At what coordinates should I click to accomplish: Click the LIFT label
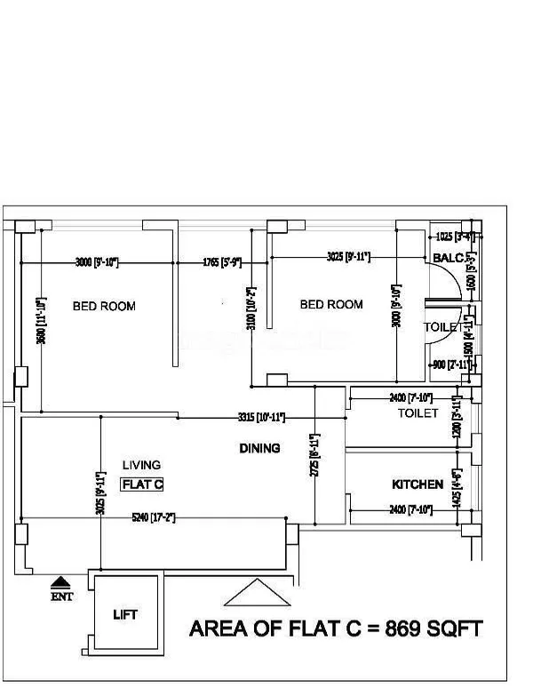(125, 614)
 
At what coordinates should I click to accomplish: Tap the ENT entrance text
(61, 597)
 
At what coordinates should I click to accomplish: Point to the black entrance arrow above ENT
(61, 582)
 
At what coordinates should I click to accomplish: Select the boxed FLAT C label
(142, 485)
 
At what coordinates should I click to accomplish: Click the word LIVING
(142, 465)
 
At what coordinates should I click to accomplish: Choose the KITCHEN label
(418, 485)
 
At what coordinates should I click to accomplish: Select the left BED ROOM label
(104, 306)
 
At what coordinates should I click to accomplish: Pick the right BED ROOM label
(331, 304)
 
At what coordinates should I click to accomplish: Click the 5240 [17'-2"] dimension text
(153, 517)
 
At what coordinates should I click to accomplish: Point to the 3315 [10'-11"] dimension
(260, 416)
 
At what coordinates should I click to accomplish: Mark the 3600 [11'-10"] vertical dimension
(40, 320)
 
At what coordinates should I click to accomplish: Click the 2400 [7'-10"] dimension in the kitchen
(410, 509)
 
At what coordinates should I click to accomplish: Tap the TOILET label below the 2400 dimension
(418, 413)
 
